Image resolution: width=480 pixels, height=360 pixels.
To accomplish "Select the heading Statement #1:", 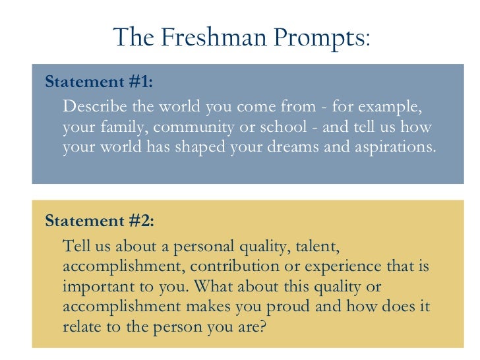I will [x=98, y=82].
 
